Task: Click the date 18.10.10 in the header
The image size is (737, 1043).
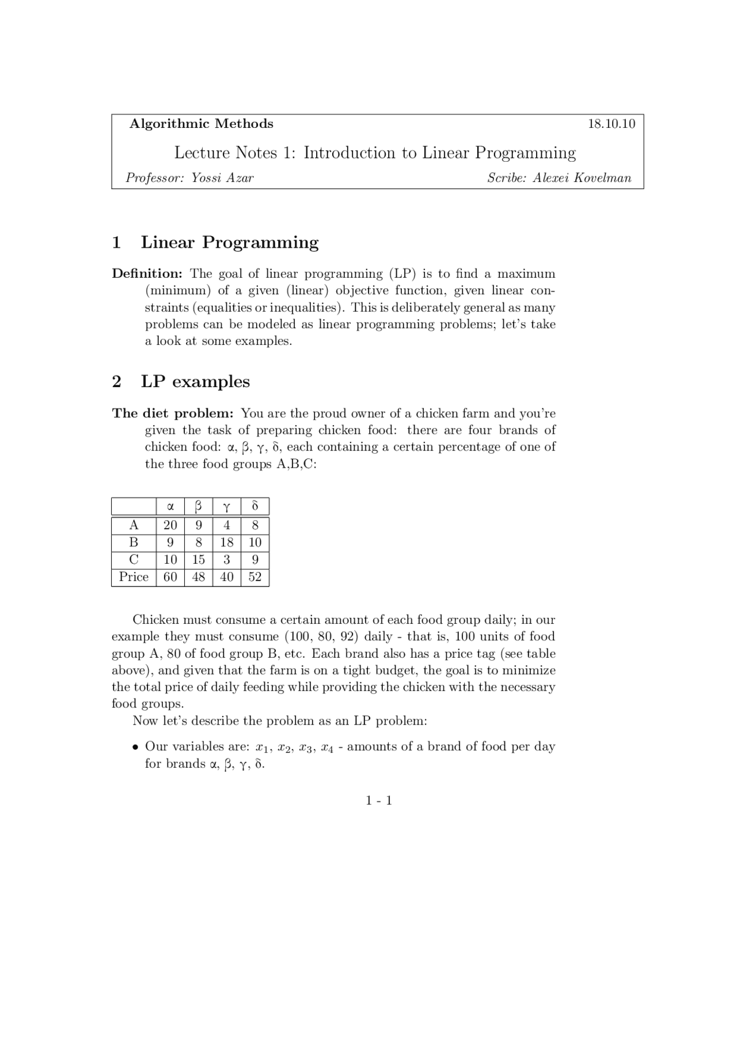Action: pyautogui.click(x=611, y=124)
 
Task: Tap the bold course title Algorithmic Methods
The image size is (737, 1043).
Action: pyautogui.click(x=201, y=124)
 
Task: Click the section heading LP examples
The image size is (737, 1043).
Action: pyautogui.click(x=195, y=382)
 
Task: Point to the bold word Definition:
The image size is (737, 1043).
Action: pyautogui.click(x=147, y=274)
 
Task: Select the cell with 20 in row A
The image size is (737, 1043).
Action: pyautogui.click(x=170, y=525)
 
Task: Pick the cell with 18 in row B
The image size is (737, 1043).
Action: pyautogui.click(x=226, y=543)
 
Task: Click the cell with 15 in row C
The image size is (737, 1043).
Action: pyautogui.click(x=198, y=560)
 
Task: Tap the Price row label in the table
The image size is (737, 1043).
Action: pyautogui.click(x=134, y=577)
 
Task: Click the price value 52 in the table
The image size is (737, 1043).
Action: pyautogui.click(x=254, y=577)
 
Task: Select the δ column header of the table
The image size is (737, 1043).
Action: pyautogui.click(x=254, y=507)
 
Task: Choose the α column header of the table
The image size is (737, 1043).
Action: pyautogui.click(x=170, y=507)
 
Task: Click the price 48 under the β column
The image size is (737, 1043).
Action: pyautogui.click(x=198, y=577)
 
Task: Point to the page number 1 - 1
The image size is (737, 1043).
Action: pyautogui.click(x=378, y=801)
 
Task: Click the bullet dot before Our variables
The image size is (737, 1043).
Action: pyautogui.click(x=135, y=748)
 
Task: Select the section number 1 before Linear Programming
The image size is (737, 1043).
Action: pyautogui.click(x=116, y=242)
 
